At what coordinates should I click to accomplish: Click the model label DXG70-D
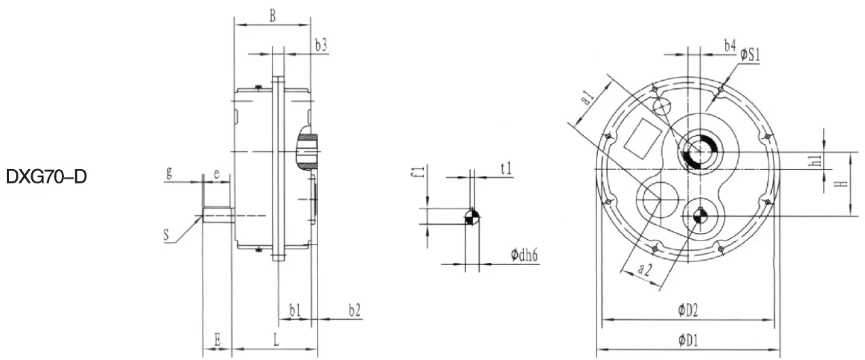[x=46, y=178]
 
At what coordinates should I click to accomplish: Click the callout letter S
[x=166, y=235]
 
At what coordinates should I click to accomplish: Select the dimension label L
[x=276, y=340]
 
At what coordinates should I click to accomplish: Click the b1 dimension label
[x=294, y=310]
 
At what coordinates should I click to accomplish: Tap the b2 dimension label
[x=354, y=310]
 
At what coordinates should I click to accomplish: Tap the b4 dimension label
[x=729, y=46]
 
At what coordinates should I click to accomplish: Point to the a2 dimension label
[x=645, y=269]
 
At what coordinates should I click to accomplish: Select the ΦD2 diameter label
[x=688, y=310]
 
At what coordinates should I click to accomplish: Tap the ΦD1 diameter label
[x=688, y=339]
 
